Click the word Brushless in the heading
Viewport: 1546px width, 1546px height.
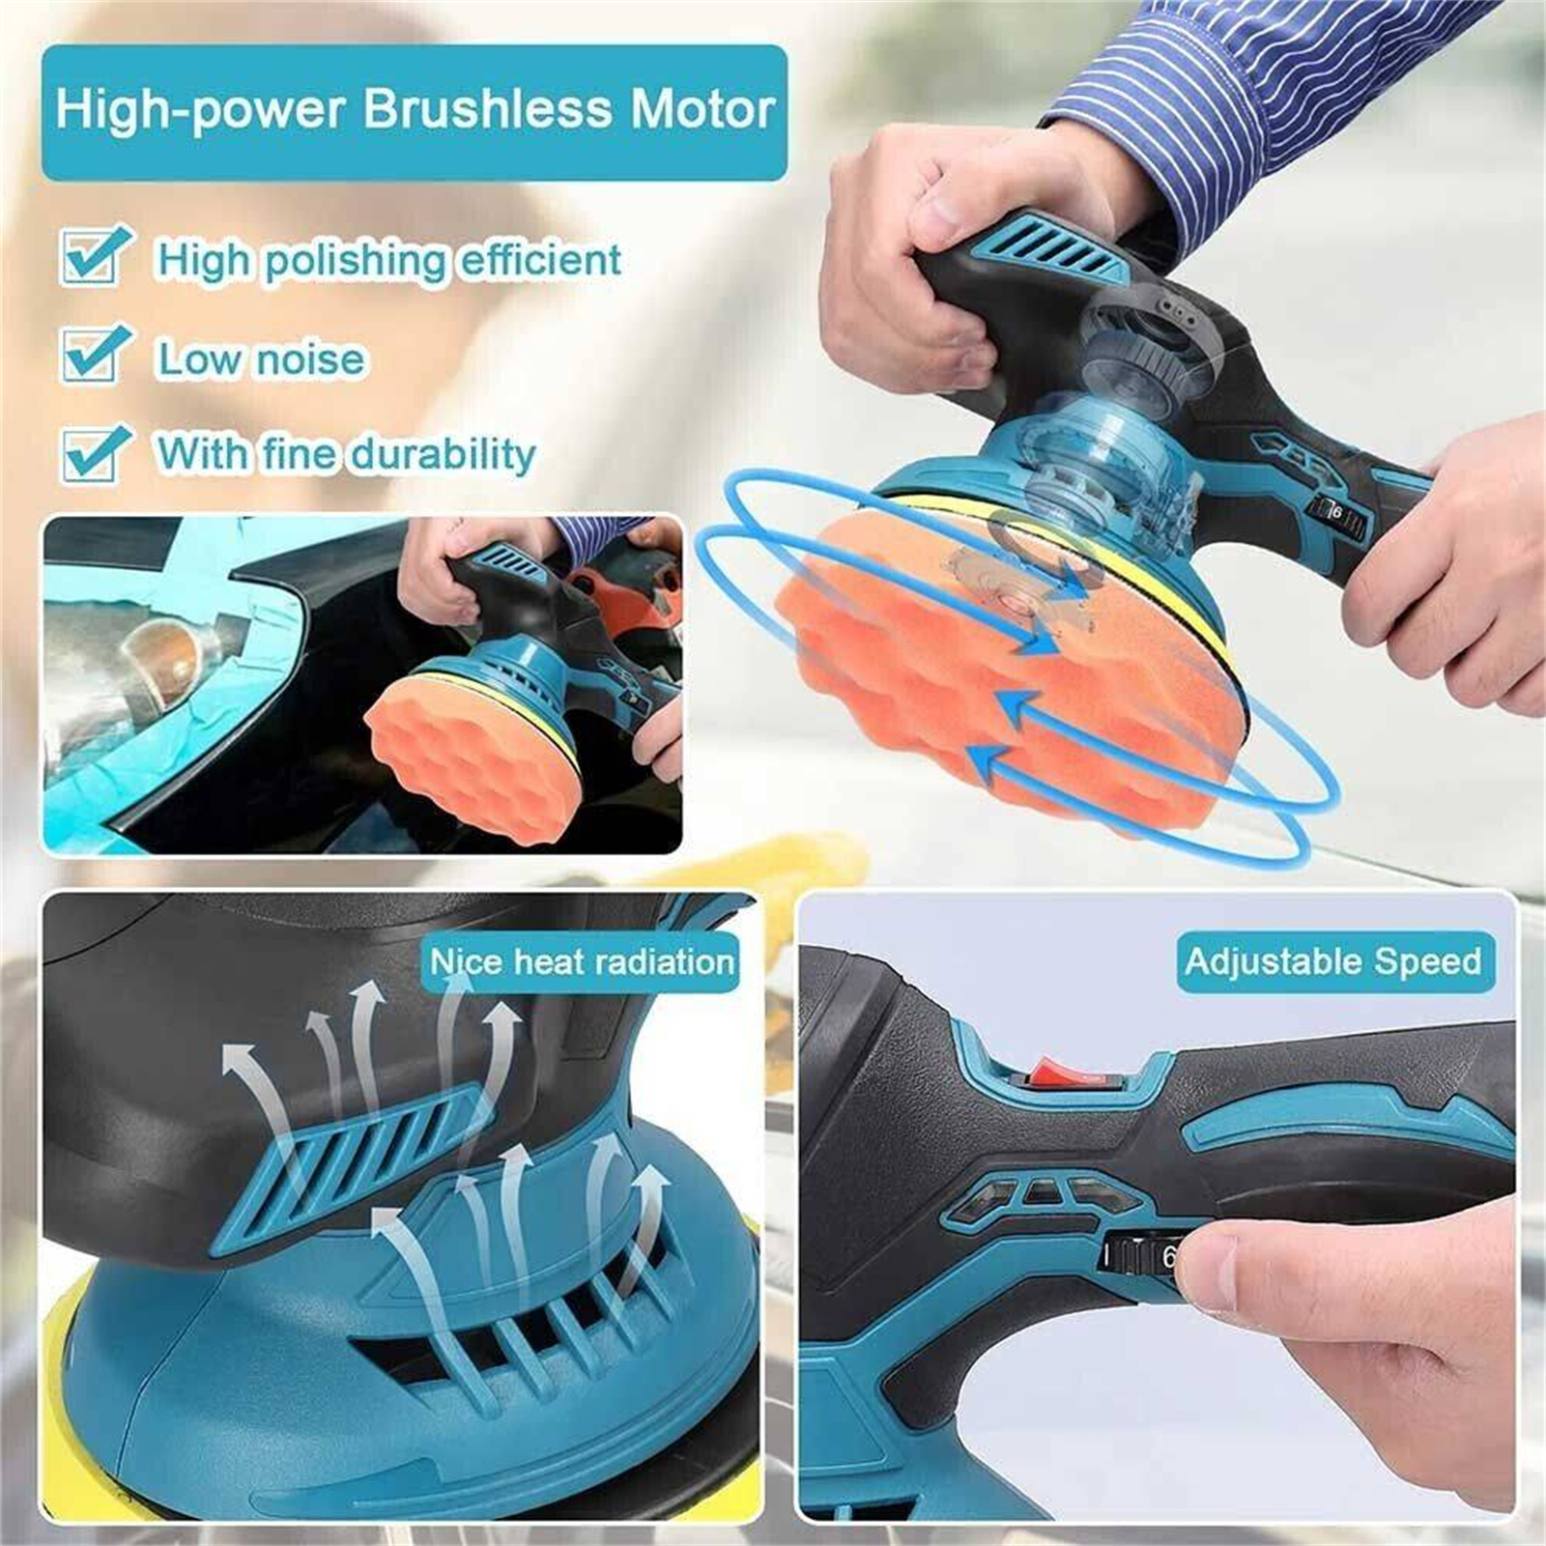(487, 108)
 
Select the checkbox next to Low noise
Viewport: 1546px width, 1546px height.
(95, 354)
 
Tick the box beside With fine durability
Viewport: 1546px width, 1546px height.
(95, 452)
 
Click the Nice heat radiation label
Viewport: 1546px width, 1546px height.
(582, 962)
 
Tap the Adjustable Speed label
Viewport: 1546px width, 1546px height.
(1333, 962)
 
